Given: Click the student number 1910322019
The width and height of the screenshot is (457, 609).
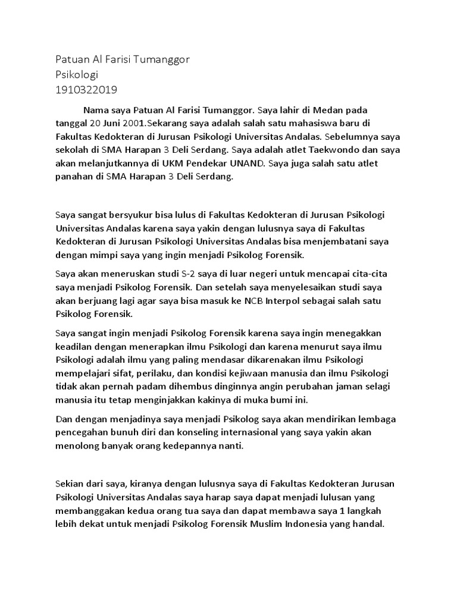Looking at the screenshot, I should click(x=86, y=90).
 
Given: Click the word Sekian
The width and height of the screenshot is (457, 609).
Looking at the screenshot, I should click(x=70, y=485).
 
